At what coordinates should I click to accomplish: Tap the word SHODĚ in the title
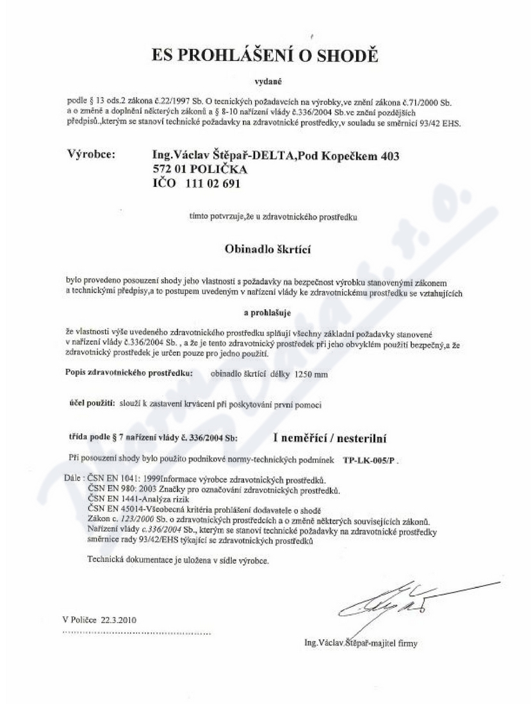click(x=348, y=56)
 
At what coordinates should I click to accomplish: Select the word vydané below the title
click(x=265, y=81)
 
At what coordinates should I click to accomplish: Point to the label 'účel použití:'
click(x=92, y=405)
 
